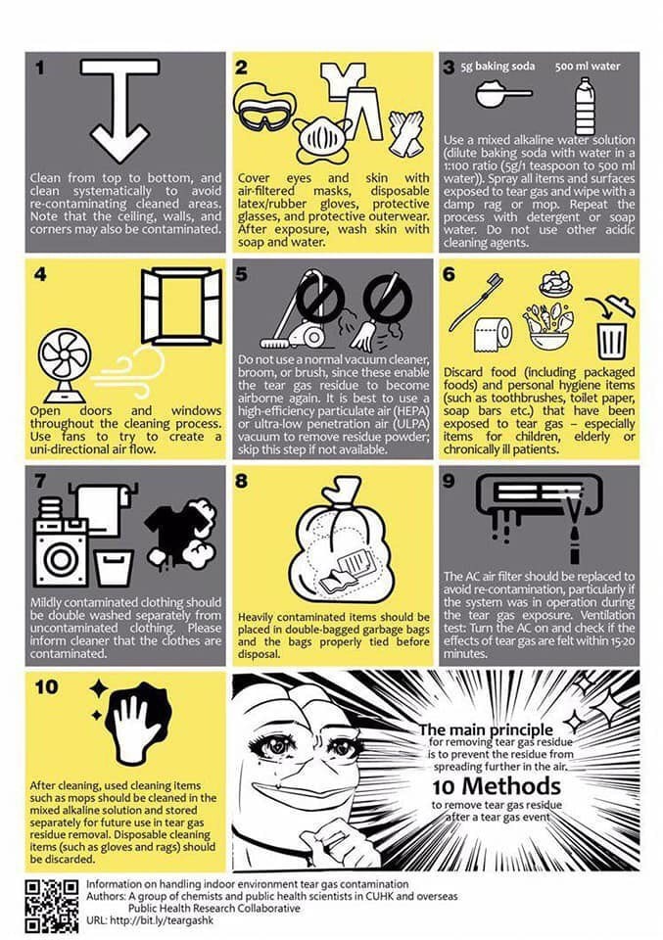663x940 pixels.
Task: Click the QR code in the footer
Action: point(52,906)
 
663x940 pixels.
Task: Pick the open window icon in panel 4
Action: point(181,306)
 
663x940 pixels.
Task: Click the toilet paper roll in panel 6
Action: point(494,333)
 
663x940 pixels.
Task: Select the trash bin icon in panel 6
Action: point(612,341)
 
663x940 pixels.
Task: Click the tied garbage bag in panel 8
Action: point(336,539)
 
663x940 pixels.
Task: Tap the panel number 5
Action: point(241,274)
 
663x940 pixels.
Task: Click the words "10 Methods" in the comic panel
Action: point(497,786)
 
